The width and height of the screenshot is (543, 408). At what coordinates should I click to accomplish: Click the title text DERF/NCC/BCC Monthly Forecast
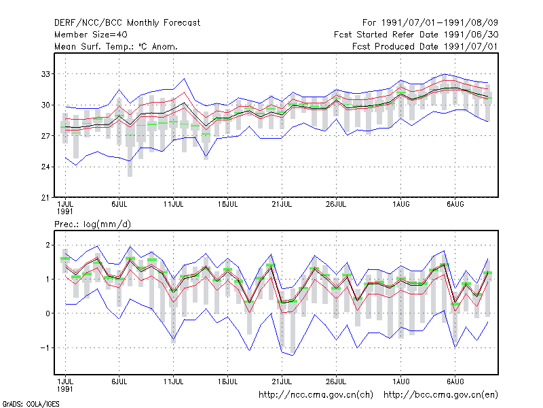[x=127, y=23]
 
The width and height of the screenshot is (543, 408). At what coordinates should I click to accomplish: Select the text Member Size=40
[x=91, y=35]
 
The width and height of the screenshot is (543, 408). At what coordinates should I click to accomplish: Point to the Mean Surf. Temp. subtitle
[x=116, y=46]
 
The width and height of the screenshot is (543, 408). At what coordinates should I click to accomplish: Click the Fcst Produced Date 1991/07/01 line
[x=425, y=46]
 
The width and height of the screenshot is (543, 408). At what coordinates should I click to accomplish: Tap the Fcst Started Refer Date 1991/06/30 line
[x=416, y=35]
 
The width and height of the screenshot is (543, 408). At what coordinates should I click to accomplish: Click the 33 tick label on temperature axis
[x=45, y=74]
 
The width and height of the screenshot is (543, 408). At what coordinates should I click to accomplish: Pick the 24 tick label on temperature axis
[x=45, y=167]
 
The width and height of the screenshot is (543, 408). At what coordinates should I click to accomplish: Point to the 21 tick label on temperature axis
[x=45, y=198]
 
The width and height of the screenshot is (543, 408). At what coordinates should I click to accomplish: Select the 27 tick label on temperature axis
[x=45, y=136]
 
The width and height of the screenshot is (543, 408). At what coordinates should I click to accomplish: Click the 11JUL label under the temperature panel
[x=173, y=205]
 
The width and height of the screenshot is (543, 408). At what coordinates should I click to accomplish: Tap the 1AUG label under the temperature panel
[x=400, y=205]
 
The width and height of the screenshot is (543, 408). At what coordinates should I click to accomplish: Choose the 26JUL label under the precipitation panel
[x=336, y=381]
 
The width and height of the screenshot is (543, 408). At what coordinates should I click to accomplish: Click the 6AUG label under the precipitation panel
[x=455, y=381]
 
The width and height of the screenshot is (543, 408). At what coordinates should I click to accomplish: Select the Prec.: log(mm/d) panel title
[x=92, y=224]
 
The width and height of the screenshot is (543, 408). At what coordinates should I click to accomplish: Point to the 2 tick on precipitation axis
[x=48, y=245]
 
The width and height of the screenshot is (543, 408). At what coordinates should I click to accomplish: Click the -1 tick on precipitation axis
[x=45, y=347]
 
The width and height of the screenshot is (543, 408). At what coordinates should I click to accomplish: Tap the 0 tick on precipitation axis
[x=48, y=313]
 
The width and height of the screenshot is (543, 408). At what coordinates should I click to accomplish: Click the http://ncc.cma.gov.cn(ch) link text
[x=316, y=395]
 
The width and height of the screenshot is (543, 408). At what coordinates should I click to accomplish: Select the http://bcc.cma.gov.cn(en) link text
[x=441, y=395]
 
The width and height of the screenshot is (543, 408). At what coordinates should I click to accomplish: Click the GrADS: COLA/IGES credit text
[x=31, y=404]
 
